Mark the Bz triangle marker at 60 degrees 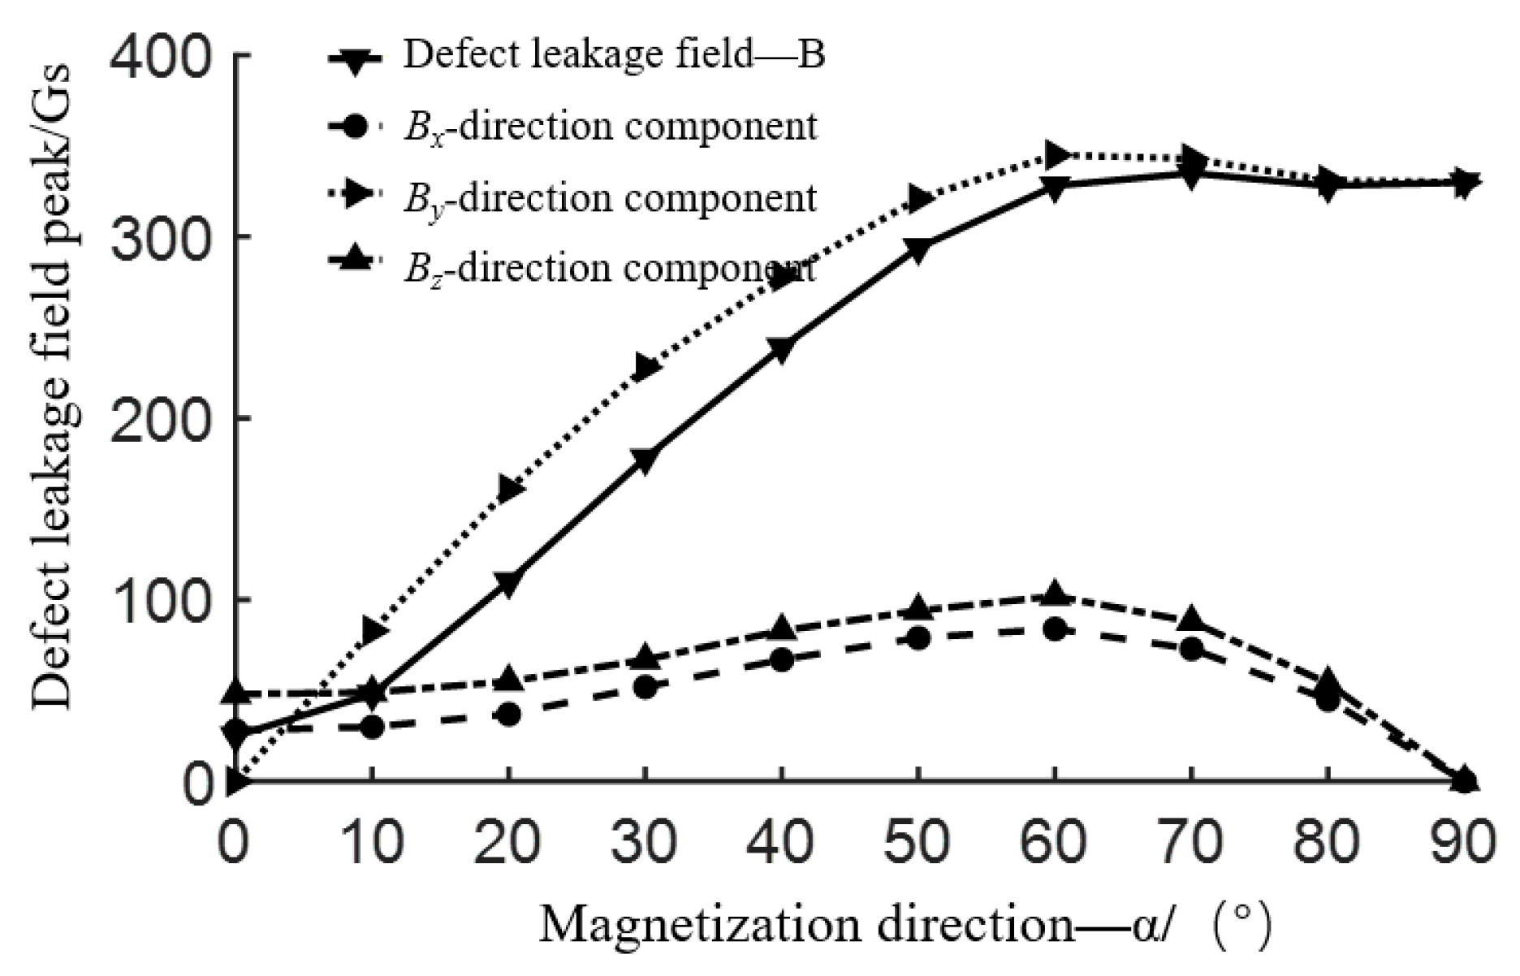(1055, 594)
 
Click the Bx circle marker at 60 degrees (1055, 629)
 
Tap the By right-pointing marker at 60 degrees (1055, 153)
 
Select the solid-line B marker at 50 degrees (918, 252)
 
